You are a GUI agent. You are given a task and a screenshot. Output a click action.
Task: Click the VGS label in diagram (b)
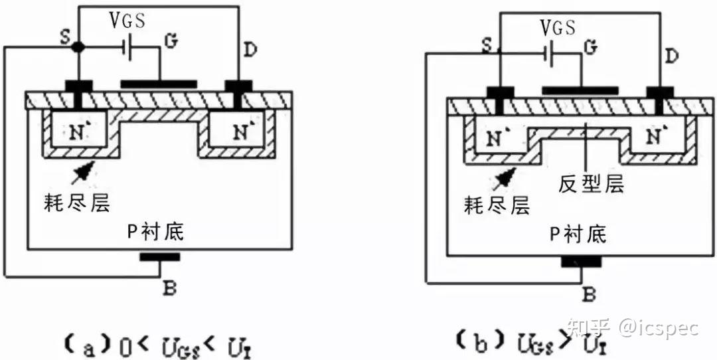[x=558, y=28]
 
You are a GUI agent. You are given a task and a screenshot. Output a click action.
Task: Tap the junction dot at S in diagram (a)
[x=79, y=47]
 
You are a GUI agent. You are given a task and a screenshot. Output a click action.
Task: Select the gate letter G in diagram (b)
[x=588, y=47]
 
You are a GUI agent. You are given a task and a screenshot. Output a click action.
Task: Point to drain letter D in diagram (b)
[x=671, y=56]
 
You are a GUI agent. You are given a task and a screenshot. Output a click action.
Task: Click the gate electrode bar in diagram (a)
[x=159, y=84]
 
